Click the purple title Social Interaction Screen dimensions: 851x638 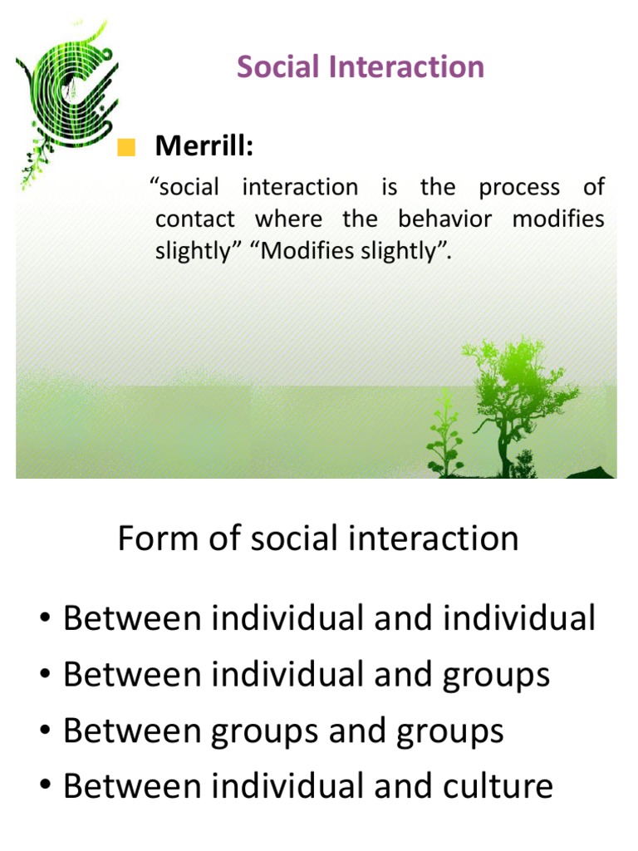361,67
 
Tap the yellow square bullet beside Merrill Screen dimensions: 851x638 126,149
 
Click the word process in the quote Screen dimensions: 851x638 519,187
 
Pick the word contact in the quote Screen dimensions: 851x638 195,219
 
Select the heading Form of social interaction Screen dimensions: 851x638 318,539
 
